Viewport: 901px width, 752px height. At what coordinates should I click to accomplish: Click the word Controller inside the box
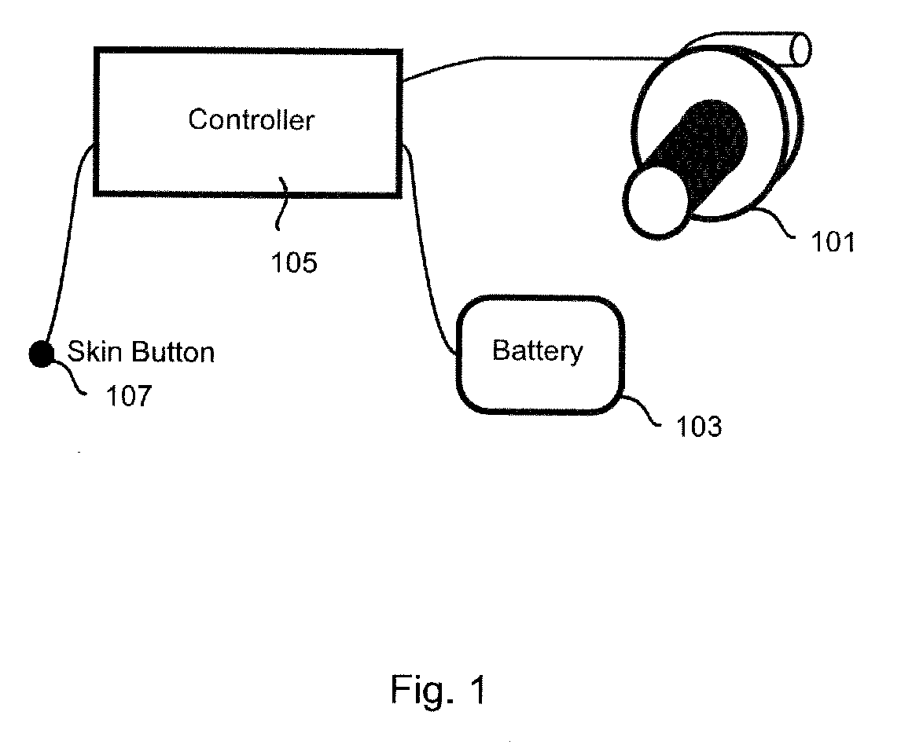pyautogui.click(x=251, y=119)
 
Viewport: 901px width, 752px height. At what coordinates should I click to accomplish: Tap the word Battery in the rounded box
pyautogui.click(x=538, y=350)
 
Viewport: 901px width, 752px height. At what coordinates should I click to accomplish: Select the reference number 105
pyautogui.click(x=294, y=262)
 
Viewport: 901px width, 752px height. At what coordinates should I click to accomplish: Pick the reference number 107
pyautogui.click(x=129, y=396)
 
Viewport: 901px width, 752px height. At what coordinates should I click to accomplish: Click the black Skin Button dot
pyautogui.click(x=40, y=354)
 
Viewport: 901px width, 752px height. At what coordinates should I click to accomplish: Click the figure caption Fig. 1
pyautogui.click(x=439, y=690)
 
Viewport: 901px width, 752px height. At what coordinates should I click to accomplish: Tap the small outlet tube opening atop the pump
pyautogui.click(x=801, y=49)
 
